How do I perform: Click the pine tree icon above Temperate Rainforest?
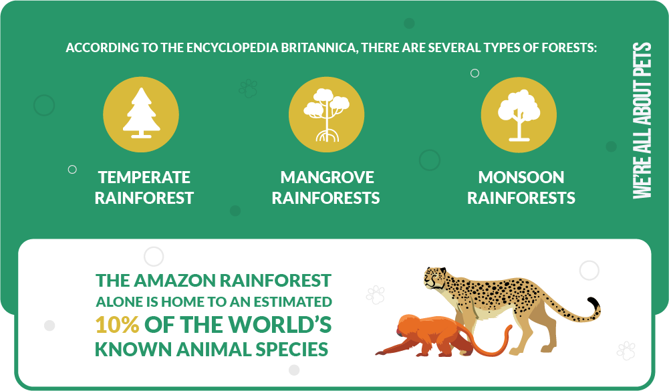coord(141,113)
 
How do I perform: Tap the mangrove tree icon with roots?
coord(326,115)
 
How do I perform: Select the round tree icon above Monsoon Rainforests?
coord(519,115)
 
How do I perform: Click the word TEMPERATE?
coord(144,177)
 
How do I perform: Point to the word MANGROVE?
coord(327,177)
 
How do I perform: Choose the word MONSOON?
coord(521,177)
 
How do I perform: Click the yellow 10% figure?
coord(117,325)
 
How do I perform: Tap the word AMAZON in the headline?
coord(176,281)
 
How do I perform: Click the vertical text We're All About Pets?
coord(642,120)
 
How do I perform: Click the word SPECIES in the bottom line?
coord(292,349)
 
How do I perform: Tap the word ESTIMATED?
coord(293,302)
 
